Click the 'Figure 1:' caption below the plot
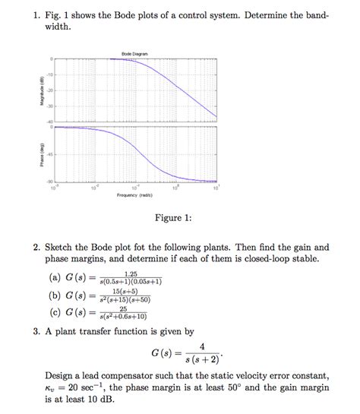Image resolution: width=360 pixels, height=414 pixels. [x=174, y=218]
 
